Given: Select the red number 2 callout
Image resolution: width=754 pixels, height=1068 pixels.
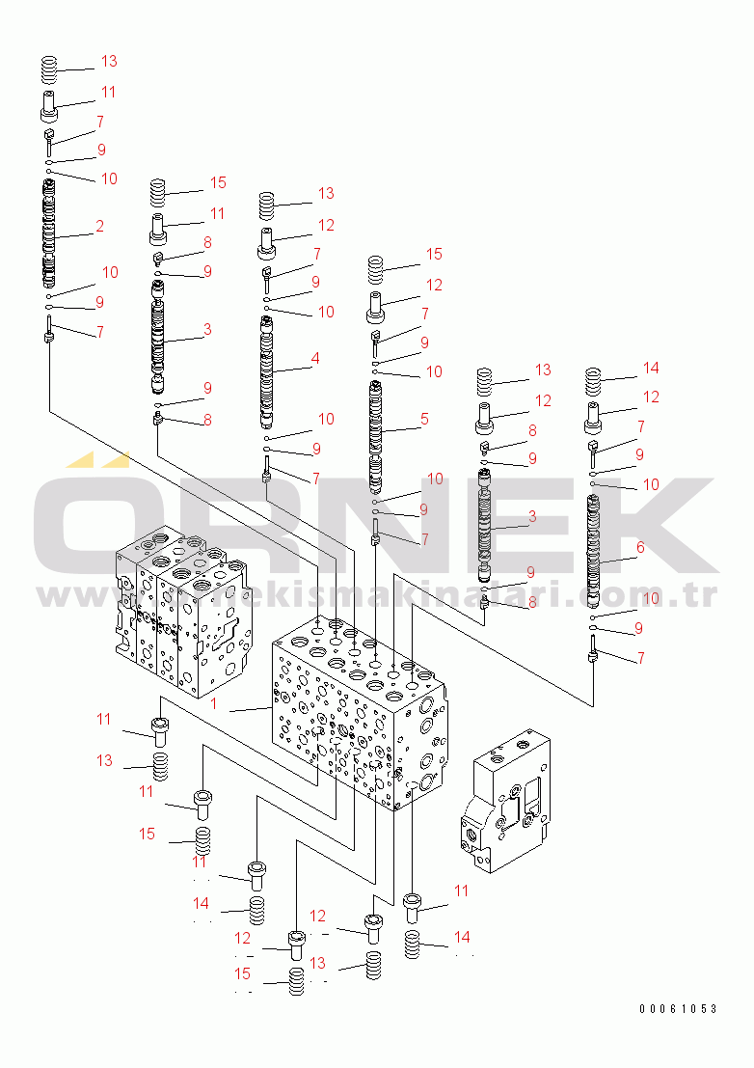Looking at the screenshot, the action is point(99,226).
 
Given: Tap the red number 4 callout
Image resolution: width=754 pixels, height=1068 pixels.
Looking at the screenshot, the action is point(314,358).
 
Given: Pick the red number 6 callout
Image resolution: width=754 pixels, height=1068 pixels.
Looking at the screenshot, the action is point(639,547).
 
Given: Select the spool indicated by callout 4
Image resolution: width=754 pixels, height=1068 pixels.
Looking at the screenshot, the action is point(267,371).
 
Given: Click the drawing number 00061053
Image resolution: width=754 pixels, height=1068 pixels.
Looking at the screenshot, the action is point(677,1009).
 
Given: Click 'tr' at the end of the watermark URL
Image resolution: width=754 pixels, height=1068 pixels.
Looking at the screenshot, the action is point(704,596).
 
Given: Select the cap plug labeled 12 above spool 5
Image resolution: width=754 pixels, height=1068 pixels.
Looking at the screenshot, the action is point(376,305).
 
